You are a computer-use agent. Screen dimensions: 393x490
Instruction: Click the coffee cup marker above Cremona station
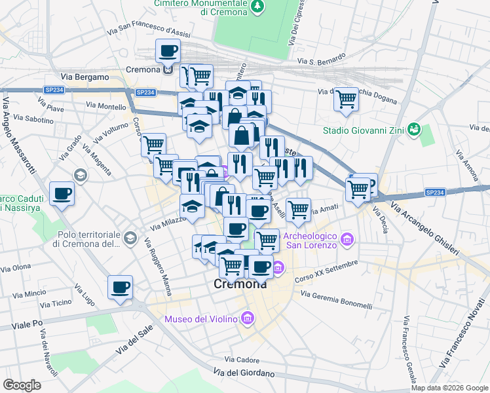168,50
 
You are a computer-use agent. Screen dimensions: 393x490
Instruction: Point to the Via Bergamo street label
85,77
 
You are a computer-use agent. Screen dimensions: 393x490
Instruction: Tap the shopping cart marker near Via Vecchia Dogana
346,100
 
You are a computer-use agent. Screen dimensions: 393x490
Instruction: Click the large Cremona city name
240,284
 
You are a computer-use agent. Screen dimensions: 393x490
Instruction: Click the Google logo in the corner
22,385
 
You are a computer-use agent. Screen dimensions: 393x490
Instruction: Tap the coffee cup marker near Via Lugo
121,288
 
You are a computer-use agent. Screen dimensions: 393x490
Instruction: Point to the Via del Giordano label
243,373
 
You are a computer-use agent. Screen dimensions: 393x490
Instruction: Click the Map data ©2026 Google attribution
449,388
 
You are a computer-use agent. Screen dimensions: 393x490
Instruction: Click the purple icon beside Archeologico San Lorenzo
347,240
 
